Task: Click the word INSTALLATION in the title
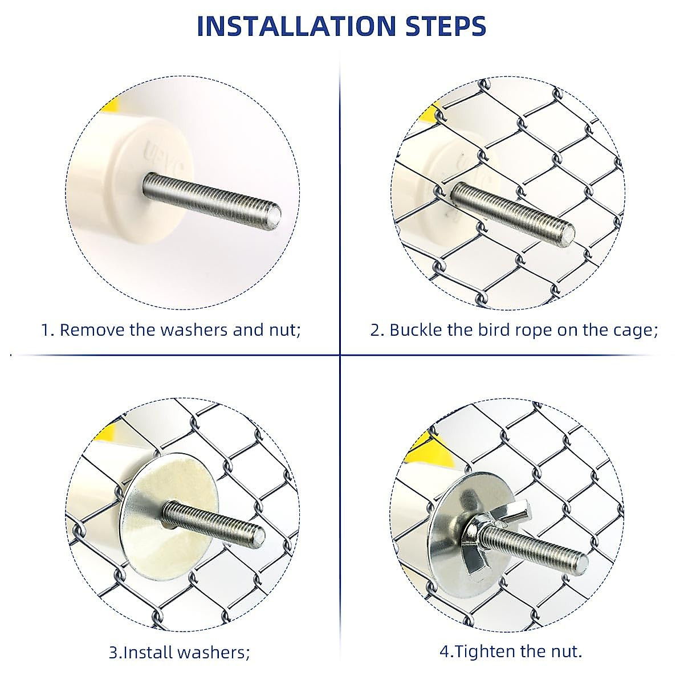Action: pos(296,26)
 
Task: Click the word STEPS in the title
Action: pos(446,26)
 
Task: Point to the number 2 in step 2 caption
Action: pos(375,330)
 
